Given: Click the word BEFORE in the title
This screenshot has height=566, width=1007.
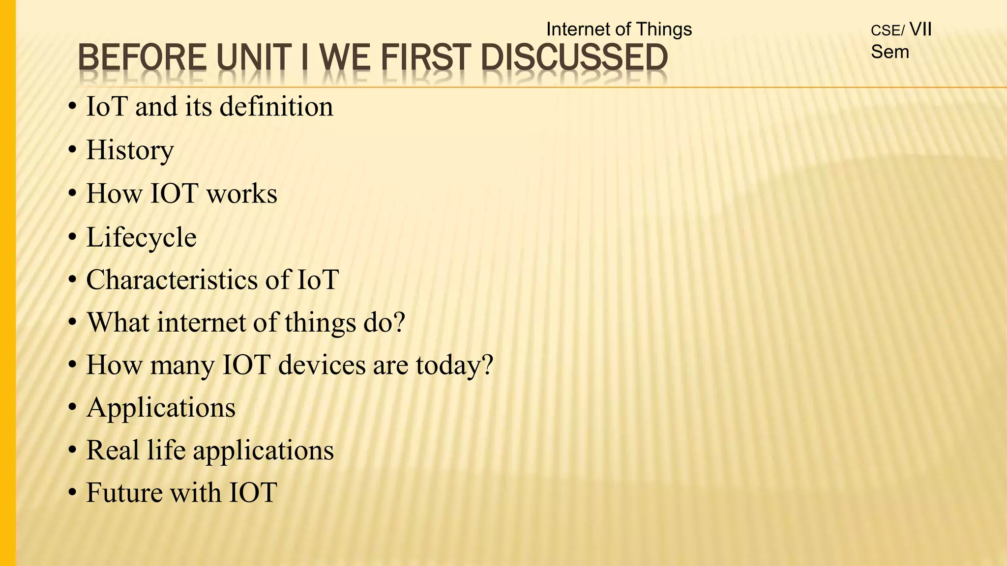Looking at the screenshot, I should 142,57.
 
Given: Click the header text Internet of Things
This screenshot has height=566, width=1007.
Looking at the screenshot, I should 619,29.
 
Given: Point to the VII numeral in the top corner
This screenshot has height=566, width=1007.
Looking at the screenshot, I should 920,29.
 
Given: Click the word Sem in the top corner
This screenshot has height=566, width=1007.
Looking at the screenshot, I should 889,52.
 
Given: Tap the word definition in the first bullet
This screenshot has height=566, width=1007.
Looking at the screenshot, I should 276,107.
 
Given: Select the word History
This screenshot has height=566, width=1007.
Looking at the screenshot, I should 130,150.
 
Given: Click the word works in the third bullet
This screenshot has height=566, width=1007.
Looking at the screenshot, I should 241,194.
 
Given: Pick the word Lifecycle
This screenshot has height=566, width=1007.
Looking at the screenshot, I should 141,237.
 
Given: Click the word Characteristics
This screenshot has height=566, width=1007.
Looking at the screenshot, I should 172,280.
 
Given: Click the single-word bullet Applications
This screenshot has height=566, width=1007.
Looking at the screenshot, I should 161,408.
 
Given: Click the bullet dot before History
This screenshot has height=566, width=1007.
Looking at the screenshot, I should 73,151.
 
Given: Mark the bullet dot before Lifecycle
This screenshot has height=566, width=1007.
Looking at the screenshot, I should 73,238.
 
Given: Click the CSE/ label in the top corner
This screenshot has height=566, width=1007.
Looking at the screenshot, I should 887,30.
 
